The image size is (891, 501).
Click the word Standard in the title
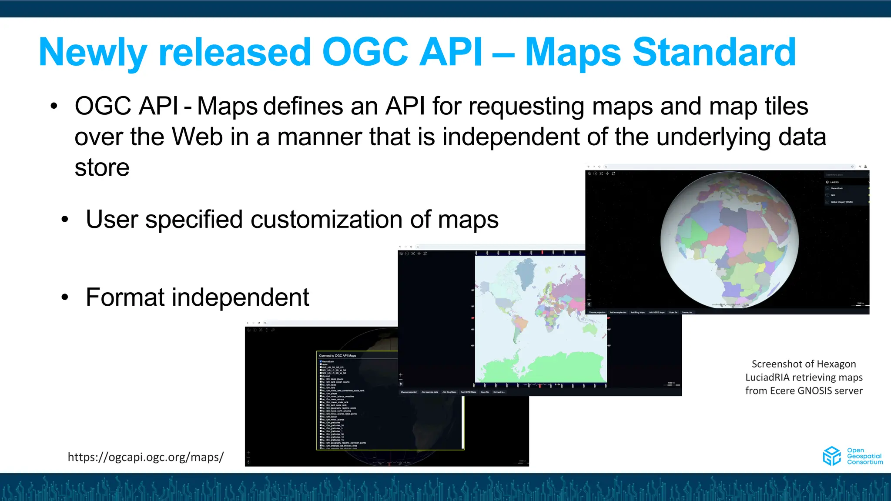[714, 52]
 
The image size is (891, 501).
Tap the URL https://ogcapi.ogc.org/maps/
[146, 457]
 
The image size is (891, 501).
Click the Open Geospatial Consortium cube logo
[831, 456]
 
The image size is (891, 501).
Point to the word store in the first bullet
[102, 168]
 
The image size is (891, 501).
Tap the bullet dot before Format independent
[65, 297]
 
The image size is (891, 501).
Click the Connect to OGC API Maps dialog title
[338, 356]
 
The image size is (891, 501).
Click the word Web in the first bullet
[197, 137]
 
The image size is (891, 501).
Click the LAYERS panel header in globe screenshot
[834, 182]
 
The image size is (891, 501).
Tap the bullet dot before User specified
[65, 220]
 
